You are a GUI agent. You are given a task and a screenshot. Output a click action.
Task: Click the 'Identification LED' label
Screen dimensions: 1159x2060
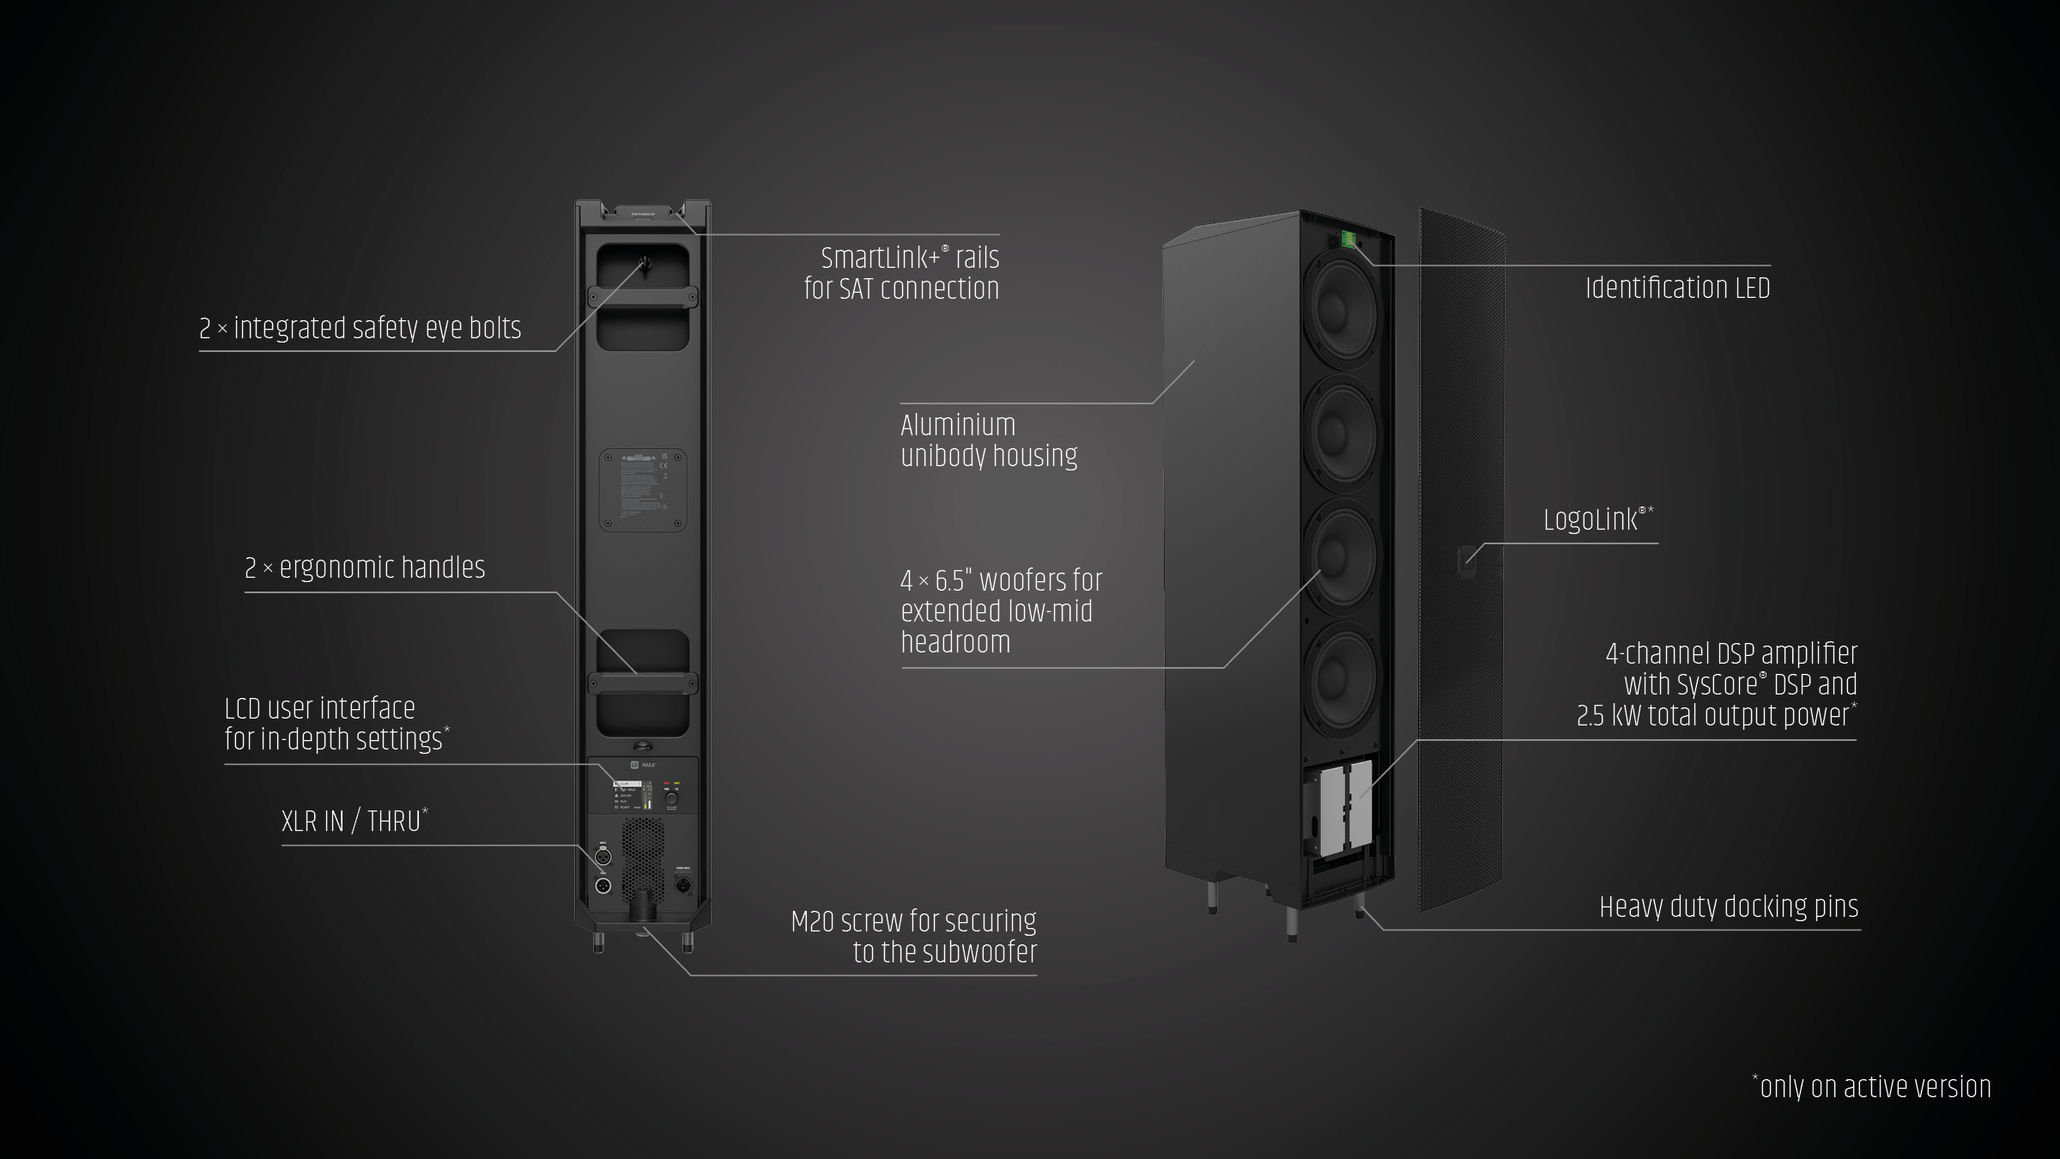click(x=1677, y=288)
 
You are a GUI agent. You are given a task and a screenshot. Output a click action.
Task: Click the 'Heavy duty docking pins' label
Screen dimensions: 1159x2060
click(x=1729, y=907)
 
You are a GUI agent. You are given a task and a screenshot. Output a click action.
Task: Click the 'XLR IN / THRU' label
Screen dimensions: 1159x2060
click(x=351, y=822)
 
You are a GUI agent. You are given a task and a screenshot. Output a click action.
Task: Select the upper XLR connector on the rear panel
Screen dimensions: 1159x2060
click(x=603, y=856)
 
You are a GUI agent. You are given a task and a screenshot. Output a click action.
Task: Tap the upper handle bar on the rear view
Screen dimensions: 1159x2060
click(x=642, y=297)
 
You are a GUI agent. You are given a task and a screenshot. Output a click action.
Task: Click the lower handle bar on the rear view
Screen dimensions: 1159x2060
click(x=642, y=683)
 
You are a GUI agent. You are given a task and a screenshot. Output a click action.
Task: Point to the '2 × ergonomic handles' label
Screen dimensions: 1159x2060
click(x=365, y=568)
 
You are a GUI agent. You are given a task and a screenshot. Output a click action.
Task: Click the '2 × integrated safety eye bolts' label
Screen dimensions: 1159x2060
click(x=360, y=329)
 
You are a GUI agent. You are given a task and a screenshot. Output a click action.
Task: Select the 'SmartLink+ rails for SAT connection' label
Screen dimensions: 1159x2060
click(x=901, y=273)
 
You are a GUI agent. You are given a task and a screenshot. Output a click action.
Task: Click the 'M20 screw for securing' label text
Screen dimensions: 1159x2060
click(x=913, y=922)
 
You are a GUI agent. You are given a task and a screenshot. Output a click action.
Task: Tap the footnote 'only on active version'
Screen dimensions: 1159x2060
click(x=1875, y=1088)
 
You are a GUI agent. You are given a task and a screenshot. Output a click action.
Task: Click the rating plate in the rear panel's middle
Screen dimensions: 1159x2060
click(x=642, y=489)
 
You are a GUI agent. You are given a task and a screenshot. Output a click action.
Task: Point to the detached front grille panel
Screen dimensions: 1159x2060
click(x=1461, y=558)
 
